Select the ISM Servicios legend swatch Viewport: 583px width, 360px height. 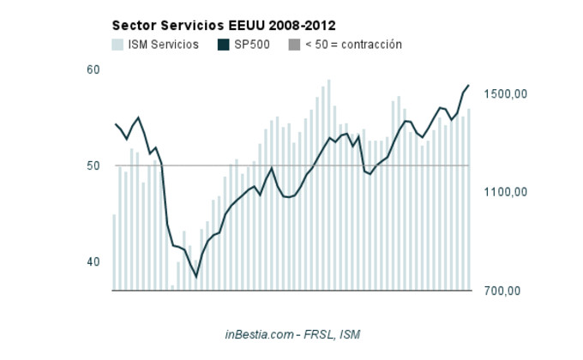point(118,45)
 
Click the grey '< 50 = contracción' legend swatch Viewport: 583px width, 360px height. point(295,45)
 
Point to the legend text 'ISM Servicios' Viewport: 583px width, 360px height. point(163,45)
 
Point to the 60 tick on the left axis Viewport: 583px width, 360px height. point(93,70)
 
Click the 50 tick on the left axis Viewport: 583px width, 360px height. point(93,165)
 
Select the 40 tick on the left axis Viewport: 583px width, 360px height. point(93,262)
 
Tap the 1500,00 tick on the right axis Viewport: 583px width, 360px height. point(503,94)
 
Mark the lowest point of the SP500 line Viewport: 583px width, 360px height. point(196,277)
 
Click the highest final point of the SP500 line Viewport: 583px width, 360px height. point(469,85)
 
